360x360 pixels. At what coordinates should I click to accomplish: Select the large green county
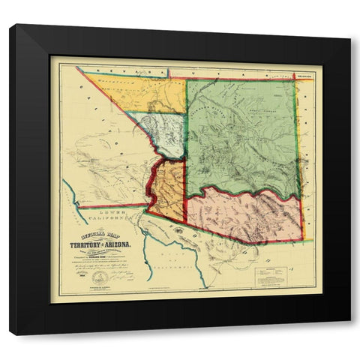[x=240, y=135]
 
